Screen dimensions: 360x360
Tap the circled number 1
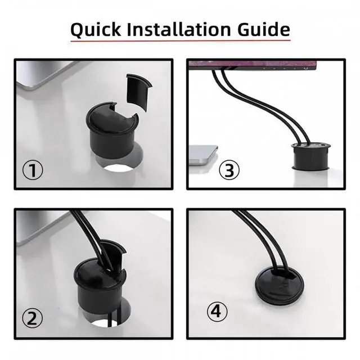33,170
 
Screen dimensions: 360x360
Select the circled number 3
228,170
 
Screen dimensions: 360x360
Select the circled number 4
218,310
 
